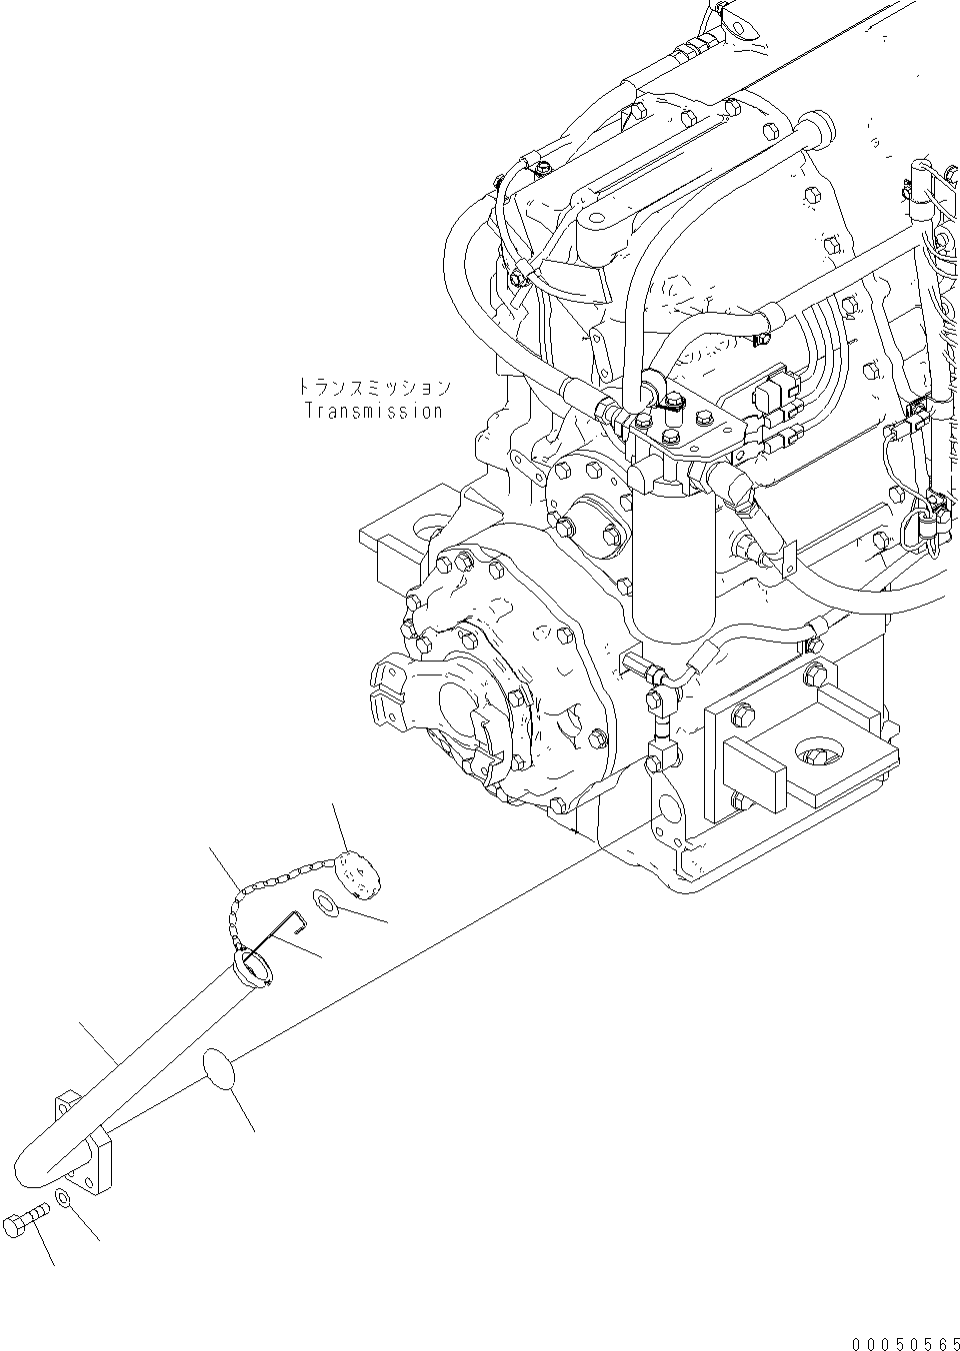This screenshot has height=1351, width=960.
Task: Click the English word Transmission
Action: tap(373, 411)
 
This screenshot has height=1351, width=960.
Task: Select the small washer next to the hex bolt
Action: tap(64, 1197)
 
